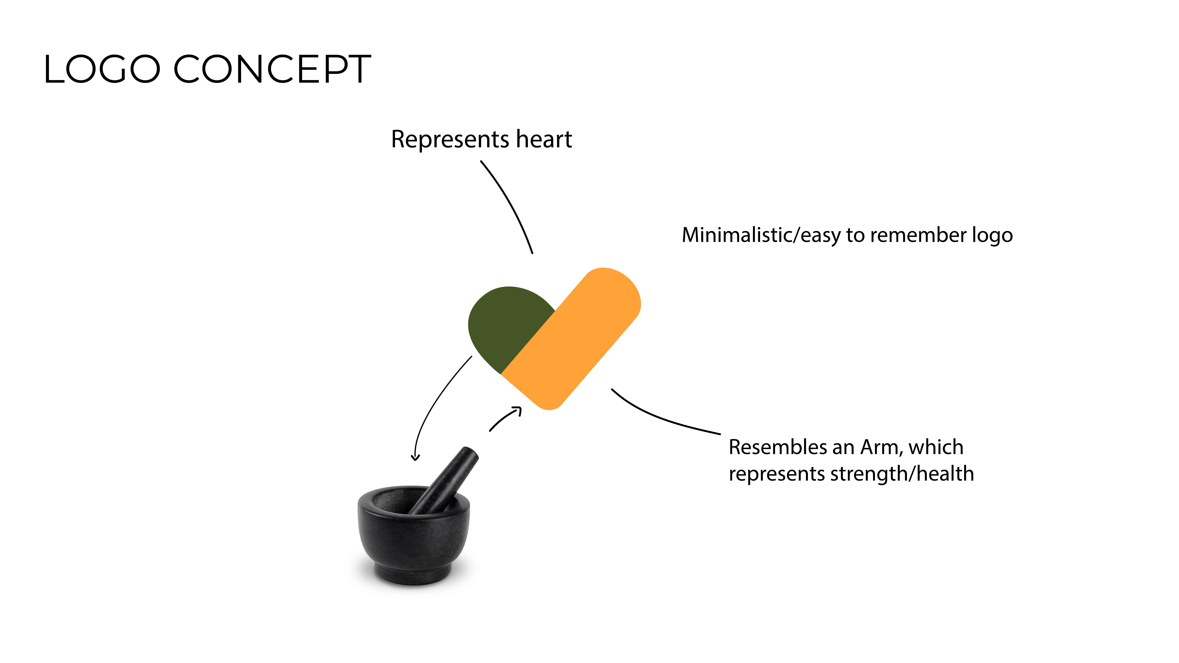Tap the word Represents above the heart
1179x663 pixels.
[x=450, y=140]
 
